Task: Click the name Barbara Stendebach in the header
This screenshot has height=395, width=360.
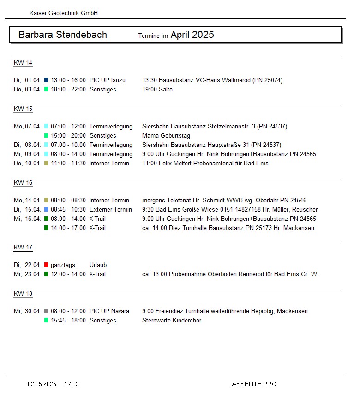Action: (x=63, y=35)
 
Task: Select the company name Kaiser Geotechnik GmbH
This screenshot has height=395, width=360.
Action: (x=64, y=13)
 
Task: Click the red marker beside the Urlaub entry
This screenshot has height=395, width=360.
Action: (x=46, y=265)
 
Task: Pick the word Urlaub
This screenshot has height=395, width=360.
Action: (x=98, y=265)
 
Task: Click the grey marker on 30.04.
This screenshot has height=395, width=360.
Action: (x=46, y=311)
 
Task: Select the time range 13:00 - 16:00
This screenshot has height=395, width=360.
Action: (x=68, y=80)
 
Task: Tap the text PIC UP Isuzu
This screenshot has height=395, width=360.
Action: (x=108, y=80)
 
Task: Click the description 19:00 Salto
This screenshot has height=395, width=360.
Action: (x=157, y=90)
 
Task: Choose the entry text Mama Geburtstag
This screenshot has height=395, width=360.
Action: (x=166, y=136)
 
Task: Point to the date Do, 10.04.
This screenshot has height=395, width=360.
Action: (x=27, y=164)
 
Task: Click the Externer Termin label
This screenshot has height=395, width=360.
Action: (x=111, y=210)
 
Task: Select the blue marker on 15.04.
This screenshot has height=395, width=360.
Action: (x=46, y=210)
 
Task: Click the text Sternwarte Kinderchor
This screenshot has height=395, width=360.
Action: (x=172, y=321)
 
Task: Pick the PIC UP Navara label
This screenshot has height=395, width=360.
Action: (x=109, y=311)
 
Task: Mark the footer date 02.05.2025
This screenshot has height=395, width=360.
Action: (x=42, y=384)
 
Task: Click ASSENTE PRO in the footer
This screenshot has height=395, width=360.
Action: (x=254, y=384)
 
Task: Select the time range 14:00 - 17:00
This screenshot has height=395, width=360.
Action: (x=68, y=228)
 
